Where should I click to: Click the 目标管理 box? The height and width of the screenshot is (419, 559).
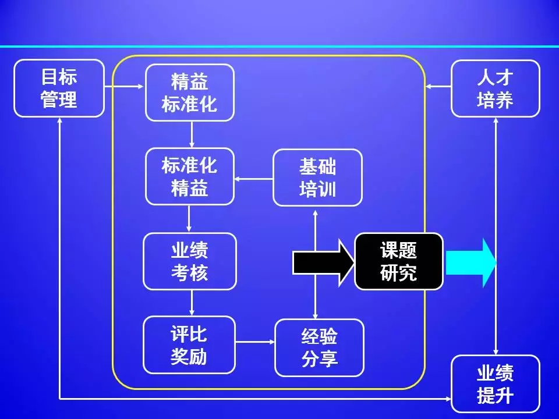pyautogui.click(x=59, y=88)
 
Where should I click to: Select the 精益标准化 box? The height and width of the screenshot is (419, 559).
pyautogui.click(x=190, y=93)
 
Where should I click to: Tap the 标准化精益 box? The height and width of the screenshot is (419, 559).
pyautogui.click(x=190, y=176)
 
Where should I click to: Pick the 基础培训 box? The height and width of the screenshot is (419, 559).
pyautogui.click(x=317, y=177)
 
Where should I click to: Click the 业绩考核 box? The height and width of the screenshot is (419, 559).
pyautogui.click(x=190, y=261)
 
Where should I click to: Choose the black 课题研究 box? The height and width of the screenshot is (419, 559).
pyautogui.click(x=399, y=261)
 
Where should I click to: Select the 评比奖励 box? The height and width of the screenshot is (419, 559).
pyautogui.click(x=190, y=345)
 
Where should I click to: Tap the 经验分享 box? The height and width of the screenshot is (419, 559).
pyautogui.click(x=319, y=347)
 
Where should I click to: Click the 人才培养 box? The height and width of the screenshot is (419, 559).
pyautogui.click(x=496, y=88)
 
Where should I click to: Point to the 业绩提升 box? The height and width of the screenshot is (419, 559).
pyautogui.click(x=496, y=384)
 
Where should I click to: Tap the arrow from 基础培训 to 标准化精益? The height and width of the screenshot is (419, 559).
pyautogui.click(x=253, y=179)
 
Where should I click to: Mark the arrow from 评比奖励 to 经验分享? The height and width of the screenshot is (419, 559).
pyautogui.click(x=256, y=342)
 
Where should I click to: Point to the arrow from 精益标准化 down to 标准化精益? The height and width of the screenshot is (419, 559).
pyautogui.click(x=191, y=134)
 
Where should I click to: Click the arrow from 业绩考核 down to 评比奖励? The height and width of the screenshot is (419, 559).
pyautogui.click(x=192, y=303)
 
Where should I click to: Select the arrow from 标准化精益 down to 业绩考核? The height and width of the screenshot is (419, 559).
pyautogui.click(x=190, y=219)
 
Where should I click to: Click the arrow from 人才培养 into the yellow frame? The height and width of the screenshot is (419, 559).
pyautogui.click(x=438, y=87)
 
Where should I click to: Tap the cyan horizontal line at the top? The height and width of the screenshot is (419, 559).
pyautogui.click(x=279, y=46)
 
